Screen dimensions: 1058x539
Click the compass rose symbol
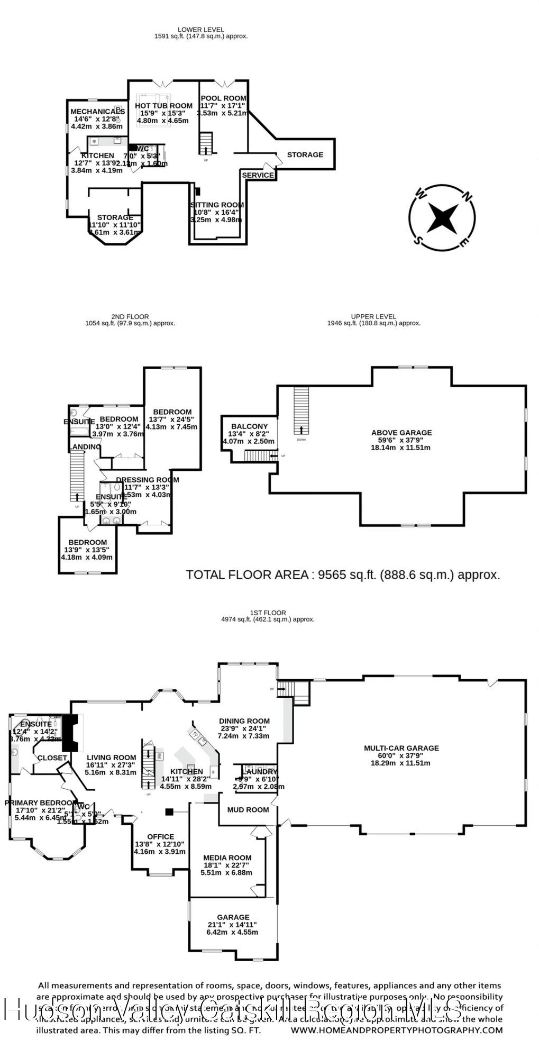(442, 217)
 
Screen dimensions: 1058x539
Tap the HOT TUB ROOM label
(163, 106)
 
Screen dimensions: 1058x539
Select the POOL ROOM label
(223, 98)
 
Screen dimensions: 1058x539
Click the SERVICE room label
(258, 175)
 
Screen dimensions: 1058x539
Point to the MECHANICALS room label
(97, 112)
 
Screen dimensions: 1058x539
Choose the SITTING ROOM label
(217, 205)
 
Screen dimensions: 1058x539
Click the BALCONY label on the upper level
(249, 426)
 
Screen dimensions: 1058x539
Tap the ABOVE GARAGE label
(401, 433)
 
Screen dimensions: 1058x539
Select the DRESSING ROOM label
(148, 480)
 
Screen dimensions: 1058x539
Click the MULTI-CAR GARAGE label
(401, 748)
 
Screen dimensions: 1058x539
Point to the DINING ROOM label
(244, 721)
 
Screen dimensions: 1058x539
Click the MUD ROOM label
(248, 810)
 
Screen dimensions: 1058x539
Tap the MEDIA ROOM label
(227, 858)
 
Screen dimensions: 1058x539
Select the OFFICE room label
(160, 837)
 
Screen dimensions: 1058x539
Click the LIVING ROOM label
(111, 758)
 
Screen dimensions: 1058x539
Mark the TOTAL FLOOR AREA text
(343, 575)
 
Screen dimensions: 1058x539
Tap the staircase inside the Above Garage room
(301, 410)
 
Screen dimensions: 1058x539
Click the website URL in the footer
(396, 1030)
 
